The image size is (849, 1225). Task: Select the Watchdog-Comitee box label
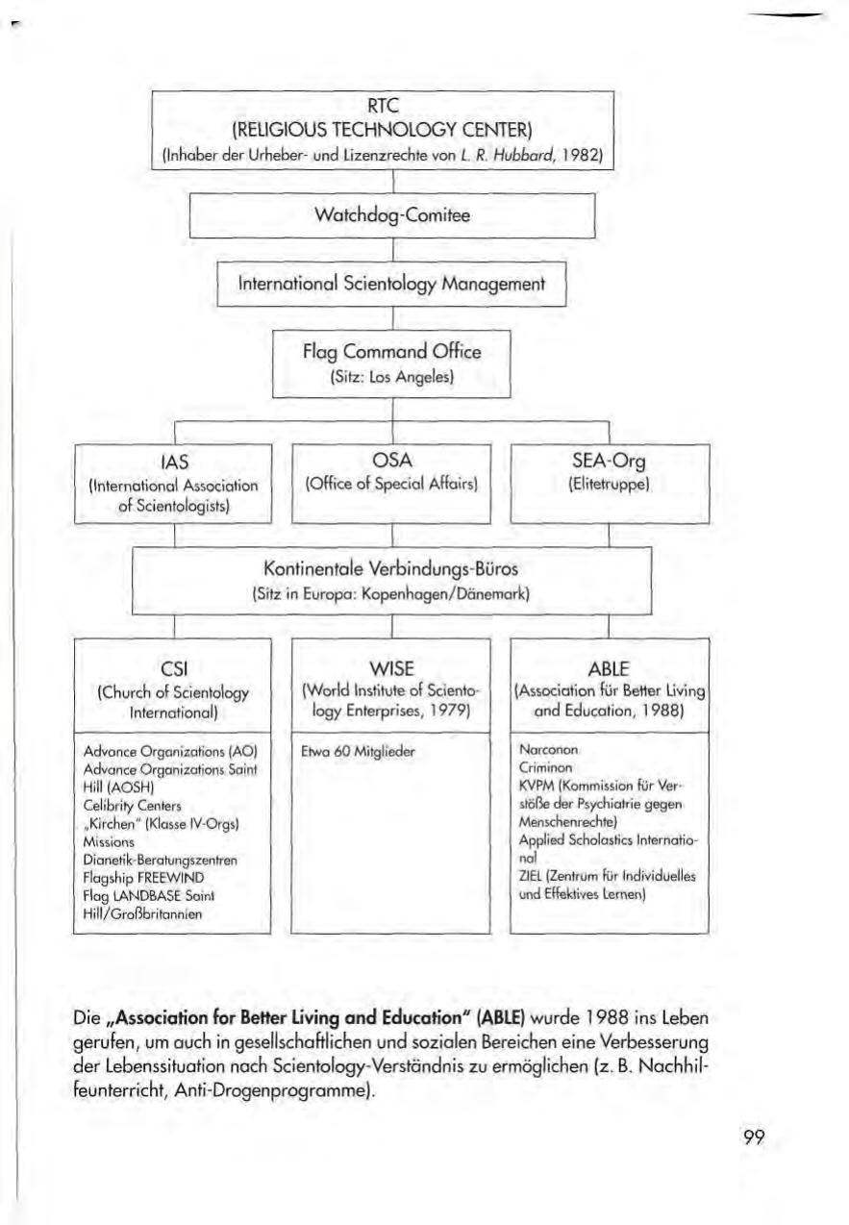[x=393, y=216]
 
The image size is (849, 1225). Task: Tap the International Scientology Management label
[x=392, y=284]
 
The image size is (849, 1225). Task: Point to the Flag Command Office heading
[x=391, y=352]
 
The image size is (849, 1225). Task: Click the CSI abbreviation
[x=173, y=669]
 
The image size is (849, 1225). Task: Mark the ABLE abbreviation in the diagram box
[x=610, y=669]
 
